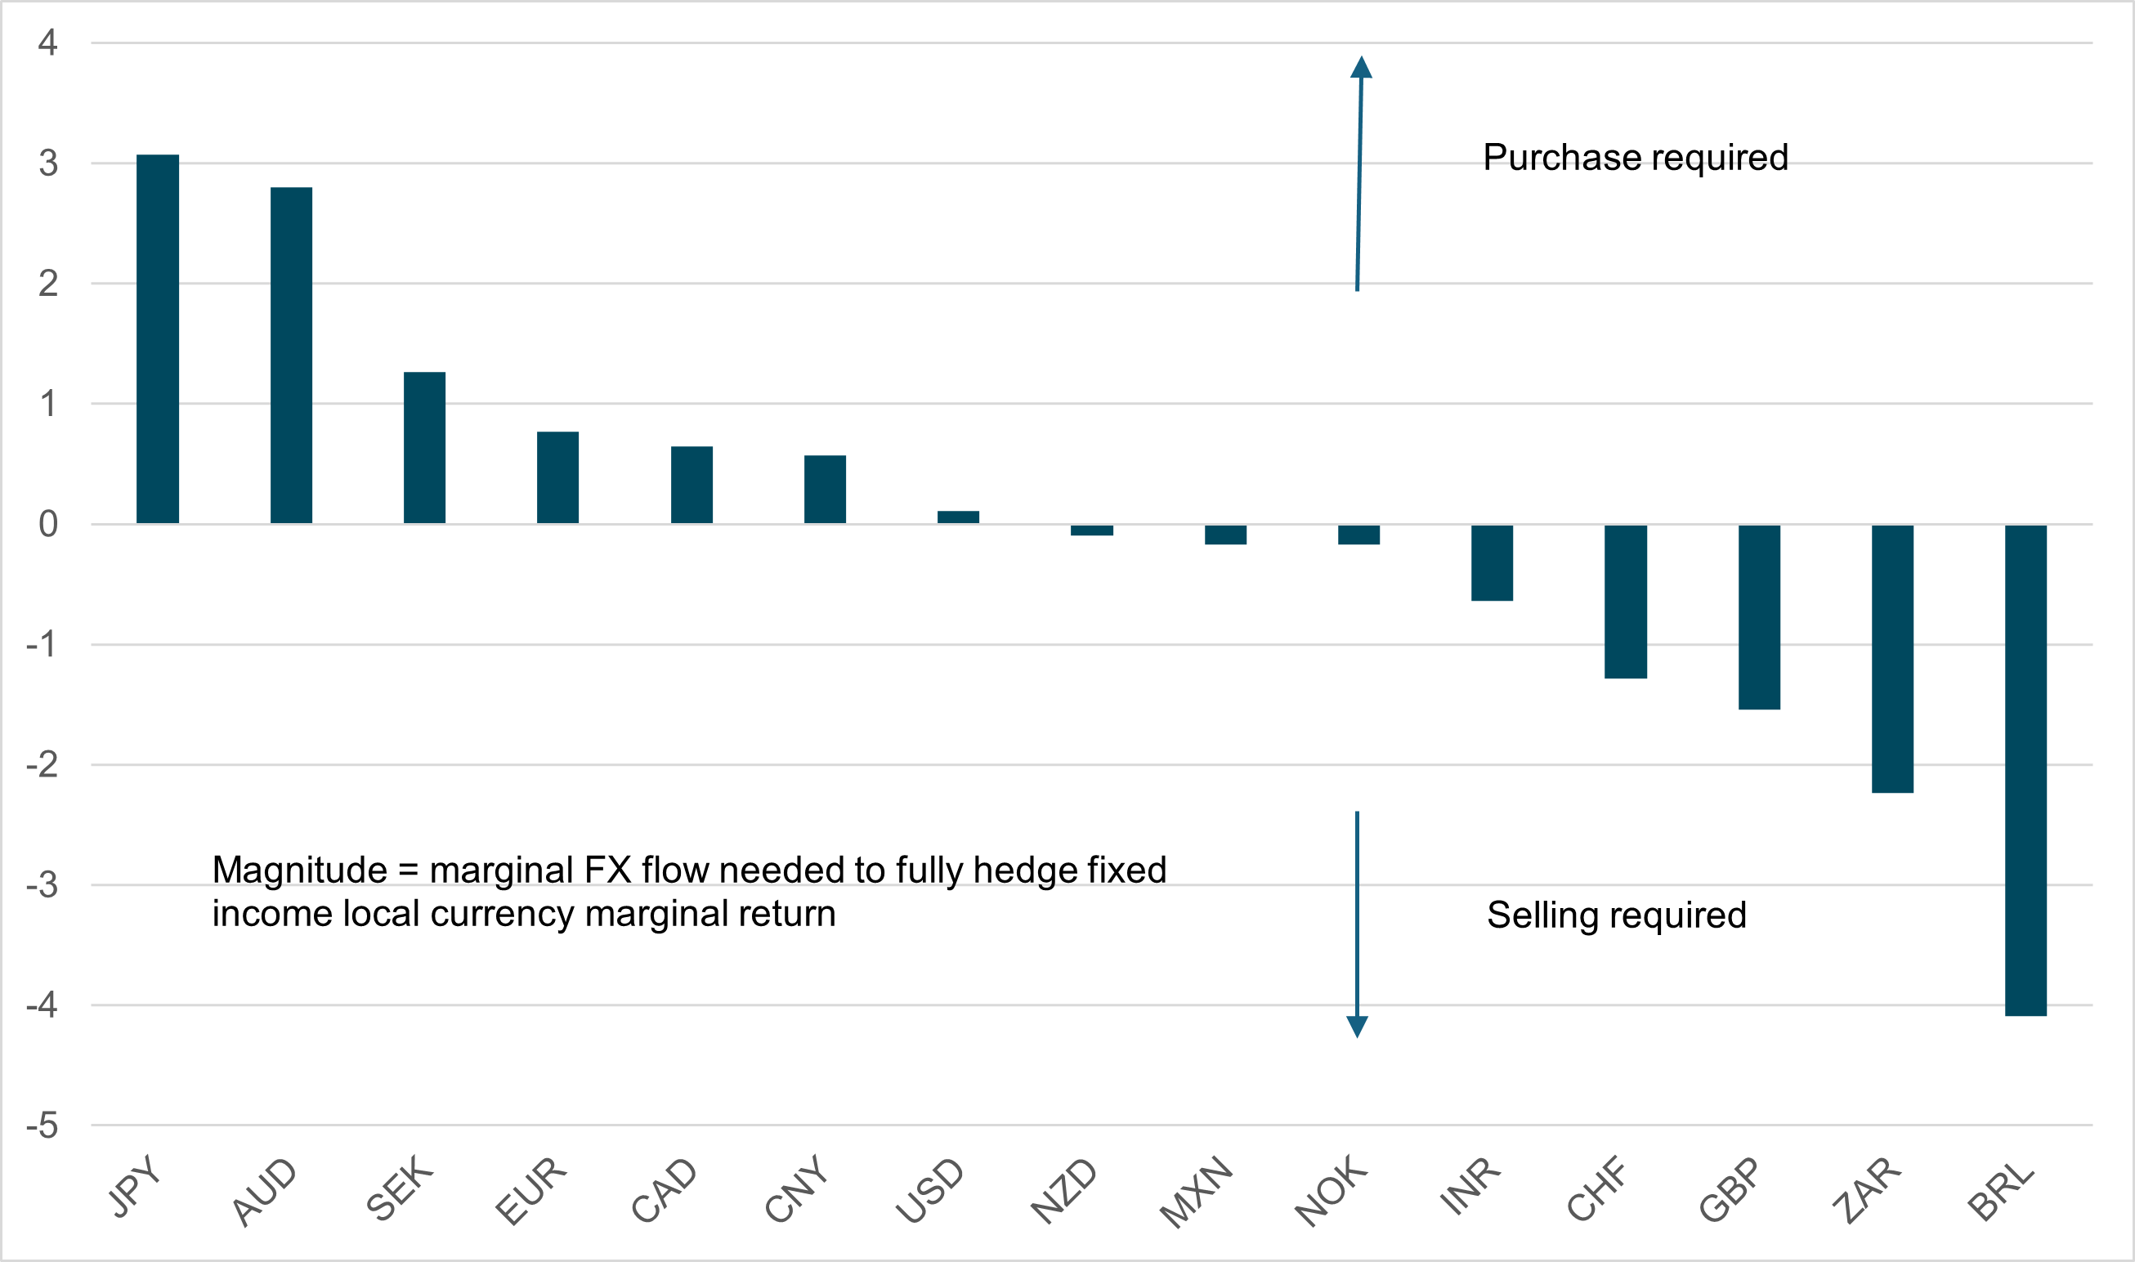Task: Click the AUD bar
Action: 291,355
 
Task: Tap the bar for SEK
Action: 424,447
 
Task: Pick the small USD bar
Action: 958,517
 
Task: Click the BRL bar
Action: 2025,770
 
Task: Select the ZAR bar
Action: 1893,658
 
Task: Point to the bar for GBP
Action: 1759,616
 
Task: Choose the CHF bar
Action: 1626,602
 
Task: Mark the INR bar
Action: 1493,562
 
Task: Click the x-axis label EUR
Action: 530,1191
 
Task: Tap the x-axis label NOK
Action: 1331,1191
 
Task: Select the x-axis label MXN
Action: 1197,1192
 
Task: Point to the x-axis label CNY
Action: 796,1189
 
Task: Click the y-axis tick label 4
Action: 47,43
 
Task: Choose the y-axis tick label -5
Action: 43,1126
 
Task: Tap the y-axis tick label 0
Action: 47,524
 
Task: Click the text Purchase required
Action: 1635,157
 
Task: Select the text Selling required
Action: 1616,915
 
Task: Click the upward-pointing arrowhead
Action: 1361,68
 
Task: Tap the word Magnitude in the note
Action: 299,870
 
